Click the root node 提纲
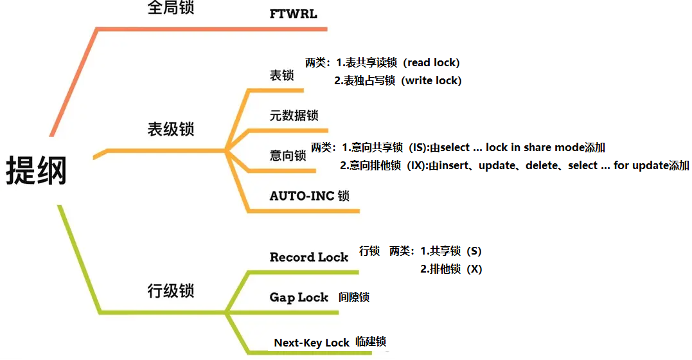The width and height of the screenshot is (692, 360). pos(37,172)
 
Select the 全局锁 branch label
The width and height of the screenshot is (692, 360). pos(170,8)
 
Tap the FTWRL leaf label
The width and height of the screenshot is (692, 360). pos(293,14)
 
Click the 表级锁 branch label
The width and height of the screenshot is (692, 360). pos(170,129)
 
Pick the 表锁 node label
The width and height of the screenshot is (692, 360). pos(281,75)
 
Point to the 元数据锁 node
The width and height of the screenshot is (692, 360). pos(294,116)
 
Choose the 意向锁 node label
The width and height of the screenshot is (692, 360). pos(288,156)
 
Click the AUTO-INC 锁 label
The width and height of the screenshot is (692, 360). pos(309,196)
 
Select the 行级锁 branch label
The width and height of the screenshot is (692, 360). pos(170,291)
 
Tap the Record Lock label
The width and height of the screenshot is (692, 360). pos(308,257)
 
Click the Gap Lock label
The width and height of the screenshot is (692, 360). pos(299,298)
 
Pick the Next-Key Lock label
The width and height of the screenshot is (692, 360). pos(312,343)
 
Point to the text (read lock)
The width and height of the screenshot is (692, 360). pos(433,62)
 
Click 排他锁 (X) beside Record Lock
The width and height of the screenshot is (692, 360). pos(451,269)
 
